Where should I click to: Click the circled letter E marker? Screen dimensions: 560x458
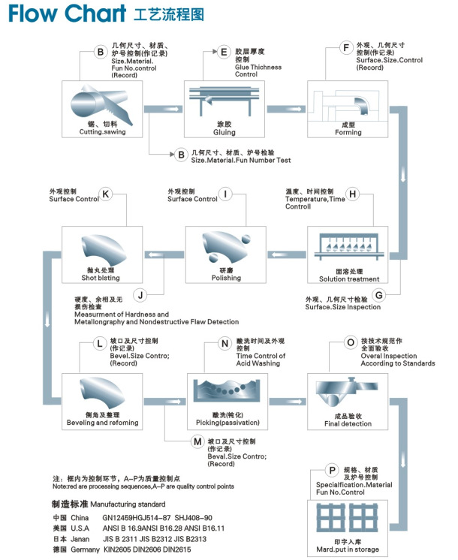223,53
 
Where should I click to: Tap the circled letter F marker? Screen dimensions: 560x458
346,50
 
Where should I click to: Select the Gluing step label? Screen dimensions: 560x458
224,132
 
